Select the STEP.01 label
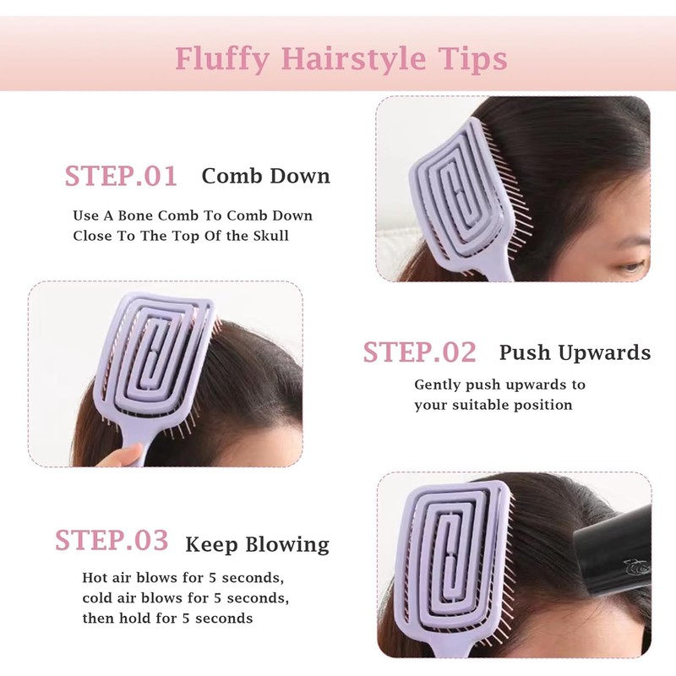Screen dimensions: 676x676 121,176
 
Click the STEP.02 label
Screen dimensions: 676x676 419,352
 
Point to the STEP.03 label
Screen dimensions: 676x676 112,540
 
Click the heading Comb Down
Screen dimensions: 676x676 265,177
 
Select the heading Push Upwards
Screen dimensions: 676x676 575,352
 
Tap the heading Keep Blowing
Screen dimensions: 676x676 257,544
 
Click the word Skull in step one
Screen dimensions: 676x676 270,236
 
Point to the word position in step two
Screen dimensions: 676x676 542,405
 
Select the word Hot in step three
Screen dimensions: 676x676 95,579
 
